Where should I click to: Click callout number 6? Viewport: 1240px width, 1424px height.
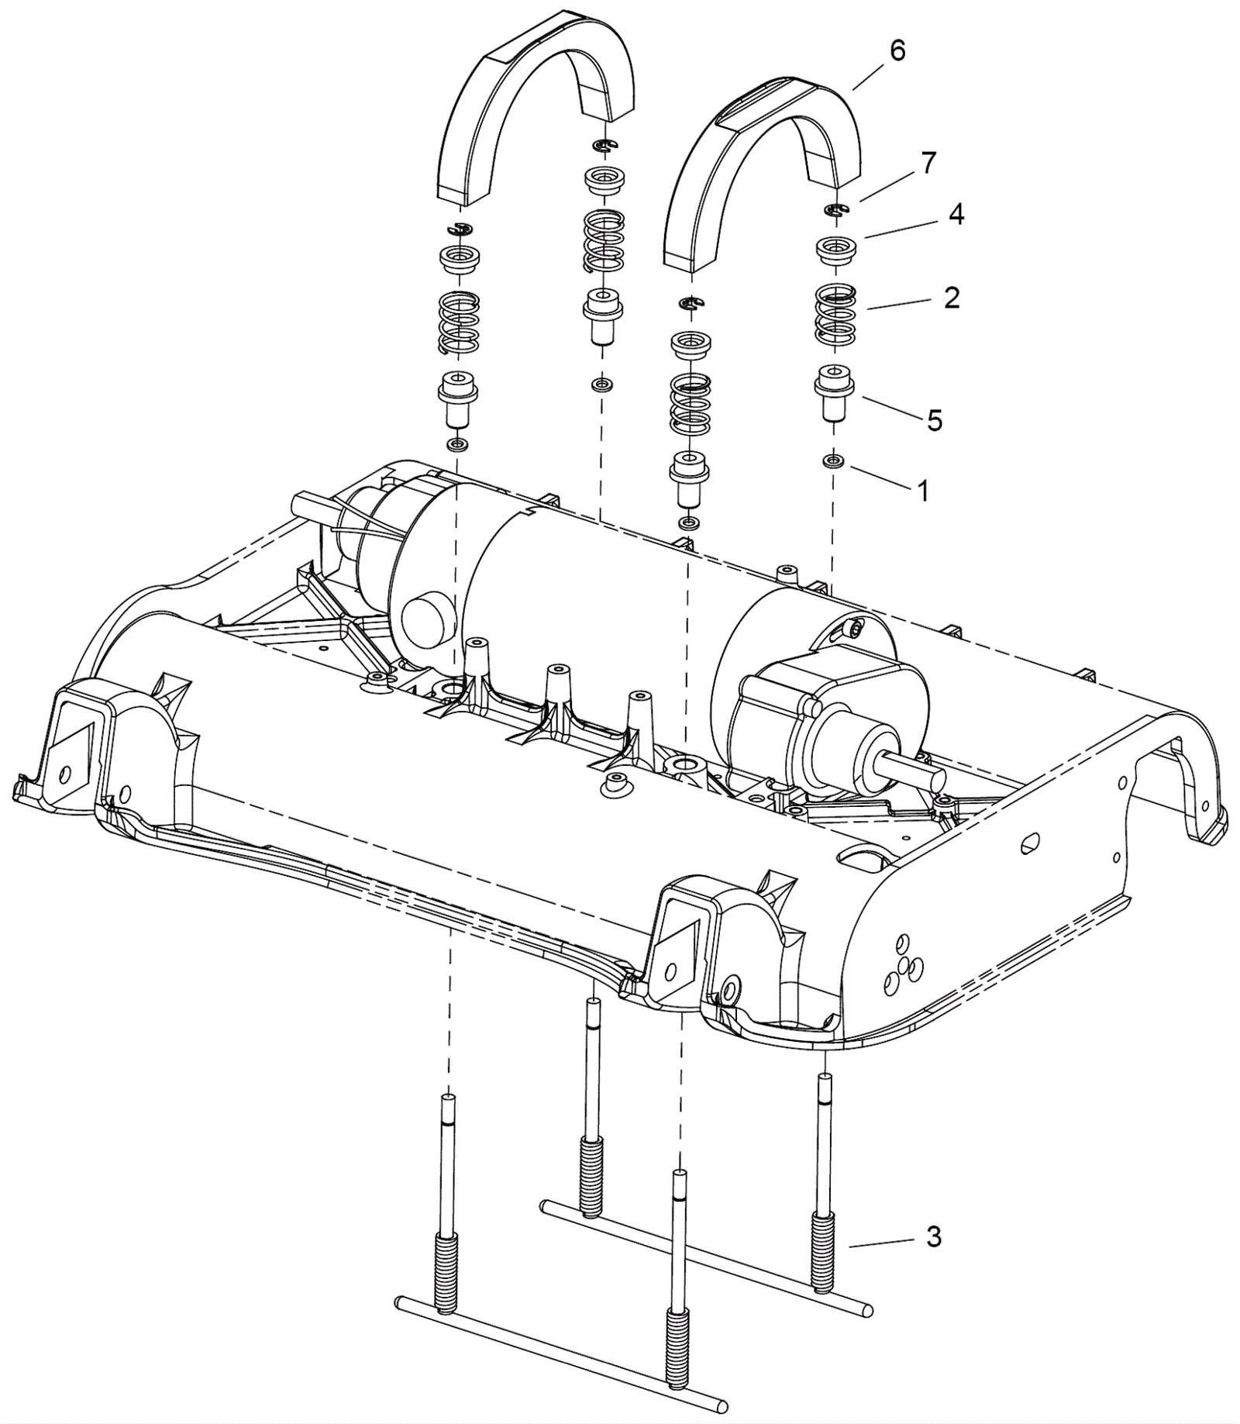click(897, 51)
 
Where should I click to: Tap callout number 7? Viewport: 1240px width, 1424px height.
click(928, 163)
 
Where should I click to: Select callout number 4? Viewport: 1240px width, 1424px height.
click(956, 214)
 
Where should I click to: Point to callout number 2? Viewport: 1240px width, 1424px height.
click(952, 298)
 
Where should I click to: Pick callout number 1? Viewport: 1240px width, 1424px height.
click(922, 490)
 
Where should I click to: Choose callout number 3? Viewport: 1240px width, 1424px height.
click(934, 1236)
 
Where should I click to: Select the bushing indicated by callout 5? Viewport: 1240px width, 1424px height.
click(833, 391)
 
